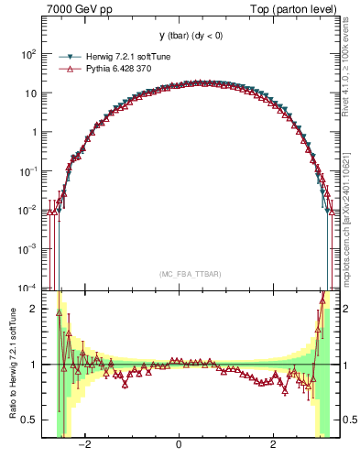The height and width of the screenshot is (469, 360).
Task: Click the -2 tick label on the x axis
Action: [x=84, y=445]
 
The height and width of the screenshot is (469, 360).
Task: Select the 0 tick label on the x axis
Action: [x=180, y=445]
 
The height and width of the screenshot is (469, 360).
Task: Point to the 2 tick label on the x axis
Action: [x=273, y=445]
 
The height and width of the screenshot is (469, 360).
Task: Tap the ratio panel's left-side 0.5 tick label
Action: [x=30, y=420]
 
